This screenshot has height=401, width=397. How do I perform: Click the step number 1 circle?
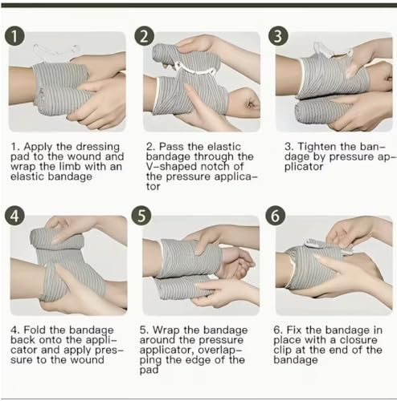pyautogui.click(x=14, y=36)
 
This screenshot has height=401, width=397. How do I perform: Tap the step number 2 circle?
pyautogui.click(x=144, y=36)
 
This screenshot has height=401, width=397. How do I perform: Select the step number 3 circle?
pyautogui.click(x=278, y=36)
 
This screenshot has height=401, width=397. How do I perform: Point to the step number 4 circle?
pyautogui.click(x=14, y=216)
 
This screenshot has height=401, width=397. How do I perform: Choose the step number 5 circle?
pyautogui.click(x=141, y=216)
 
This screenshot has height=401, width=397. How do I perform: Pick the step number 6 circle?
pyautogui.click(x=275, y=216)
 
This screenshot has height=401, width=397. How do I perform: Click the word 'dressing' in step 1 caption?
pyautogui.click(x=98, y=147)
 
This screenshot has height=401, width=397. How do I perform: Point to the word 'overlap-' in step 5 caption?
pyautogui.click(x=220, y=350)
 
